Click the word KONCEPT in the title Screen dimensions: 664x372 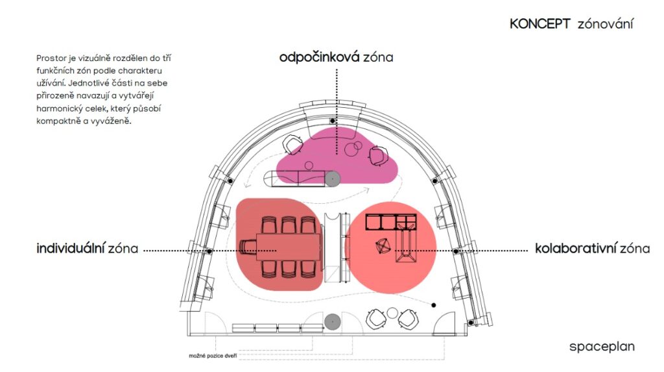tap(540, 24)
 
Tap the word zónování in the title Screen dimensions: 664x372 tap(606, 24)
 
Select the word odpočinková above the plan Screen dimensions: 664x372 tap(319, 57)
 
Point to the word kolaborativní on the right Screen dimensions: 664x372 tap(576, 248)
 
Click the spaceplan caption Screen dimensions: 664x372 tap(602, 347)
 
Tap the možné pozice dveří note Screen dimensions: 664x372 tap(213, 356)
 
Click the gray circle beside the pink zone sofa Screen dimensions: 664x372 tap(333, 179)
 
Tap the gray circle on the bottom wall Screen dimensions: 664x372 tap(333, 322)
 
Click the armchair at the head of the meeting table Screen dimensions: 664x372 tap(248, 247)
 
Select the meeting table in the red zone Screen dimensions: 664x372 tap(289, 247)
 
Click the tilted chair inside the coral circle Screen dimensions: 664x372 tap(383, 247)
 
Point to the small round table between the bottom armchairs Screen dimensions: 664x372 tap(392, 314)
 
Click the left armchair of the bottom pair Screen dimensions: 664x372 tap(375, 319)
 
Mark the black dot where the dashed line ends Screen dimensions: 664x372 tap(434, 305)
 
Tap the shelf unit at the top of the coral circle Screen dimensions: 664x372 tap(391, 222)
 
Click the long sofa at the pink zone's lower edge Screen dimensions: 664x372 tap(296, 179)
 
